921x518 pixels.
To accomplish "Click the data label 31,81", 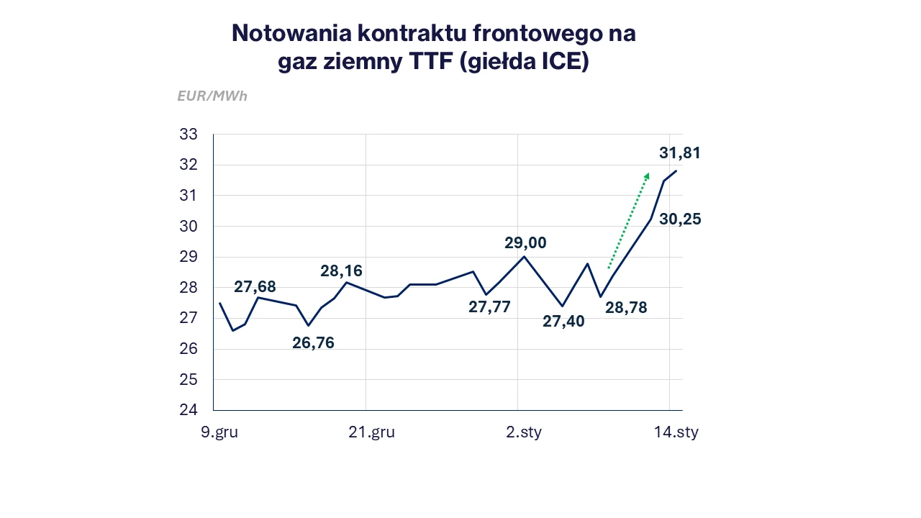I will coord(679,153).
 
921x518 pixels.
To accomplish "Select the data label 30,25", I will coord(680,219).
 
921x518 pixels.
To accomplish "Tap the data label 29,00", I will coord(525,243).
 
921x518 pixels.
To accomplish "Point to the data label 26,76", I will coord(313,343).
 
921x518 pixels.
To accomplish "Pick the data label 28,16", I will coord(341,271).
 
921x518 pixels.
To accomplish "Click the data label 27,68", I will coord(255,287).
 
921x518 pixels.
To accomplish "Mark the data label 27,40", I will coord(563,322).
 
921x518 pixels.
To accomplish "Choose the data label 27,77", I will coord(489,307).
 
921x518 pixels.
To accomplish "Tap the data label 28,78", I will coord(626,308).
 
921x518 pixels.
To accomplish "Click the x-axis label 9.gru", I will coord(219,432).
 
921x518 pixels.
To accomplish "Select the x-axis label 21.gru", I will coord(371,432).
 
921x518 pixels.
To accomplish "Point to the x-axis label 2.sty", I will coord(523,432).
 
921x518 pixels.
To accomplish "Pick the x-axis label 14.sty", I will coord(676,432).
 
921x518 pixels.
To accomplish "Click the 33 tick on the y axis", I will coord(188,135).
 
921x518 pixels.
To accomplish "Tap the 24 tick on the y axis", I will coord(188,410).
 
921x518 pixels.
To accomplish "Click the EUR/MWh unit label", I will coord(212,96).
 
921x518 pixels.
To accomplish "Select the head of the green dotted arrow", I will coord(647,176).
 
